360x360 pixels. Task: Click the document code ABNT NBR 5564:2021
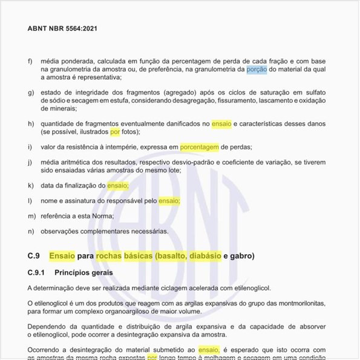point(63,28)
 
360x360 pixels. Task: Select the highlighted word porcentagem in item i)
point(199,147)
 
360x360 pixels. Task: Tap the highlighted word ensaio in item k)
point(118,185)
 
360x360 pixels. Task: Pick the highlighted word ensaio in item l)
point(169,200)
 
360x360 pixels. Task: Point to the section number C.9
point(34,256)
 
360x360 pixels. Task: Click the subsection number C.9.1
point(38,273)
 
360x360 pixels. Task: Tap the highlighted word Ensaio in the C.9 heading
point(62,256)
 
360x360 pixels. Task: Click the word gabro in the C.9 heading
point(244,256)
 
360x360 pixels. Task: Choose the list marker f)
point(31,62)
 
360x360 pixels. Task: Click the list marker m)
point(31,216)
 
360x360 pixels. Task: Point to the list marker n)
point(31,231)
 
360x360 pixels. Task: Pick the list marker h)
point(31,123)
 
